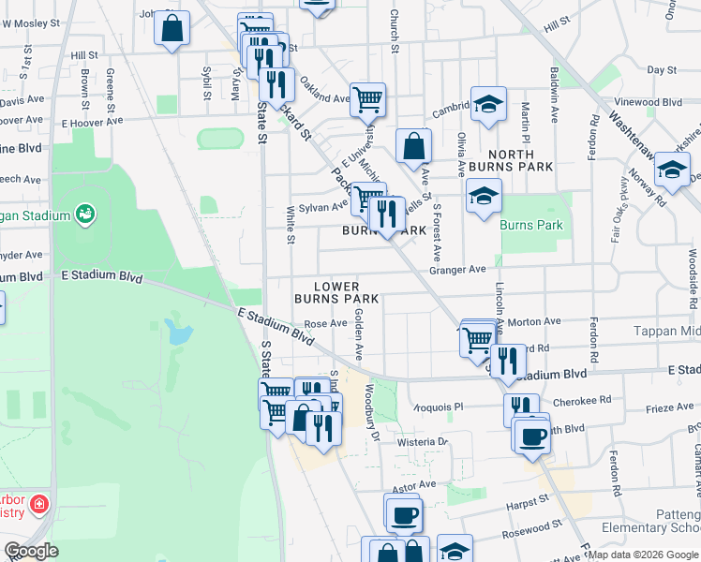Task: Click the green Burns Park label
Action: (531, 225)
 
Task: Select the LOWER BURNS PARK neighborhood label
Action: (336, 292)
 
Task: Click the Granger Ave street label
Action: (457, 269)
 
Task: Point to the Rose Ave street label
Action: (326, 323)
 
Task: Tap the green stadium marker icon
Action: (84, 214)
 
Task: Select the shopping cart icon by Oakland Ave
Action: (367, 98)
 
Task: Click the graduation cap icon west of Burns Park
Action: (484, 197)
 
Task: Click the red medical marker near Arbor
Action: (39, 506)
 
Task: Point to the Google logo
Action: (32, 552)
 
